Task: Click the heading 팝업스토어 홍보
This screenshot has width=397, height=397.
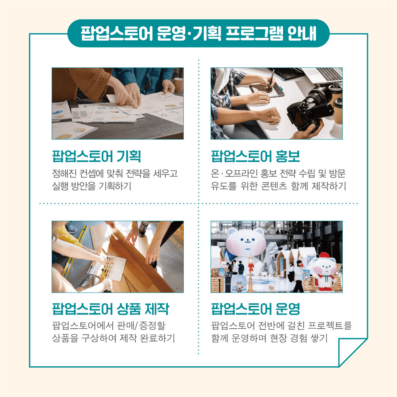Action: click(x=256, y=156)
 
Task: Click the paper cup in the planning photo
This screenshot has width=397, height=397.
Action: click(x=179, y=84)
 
